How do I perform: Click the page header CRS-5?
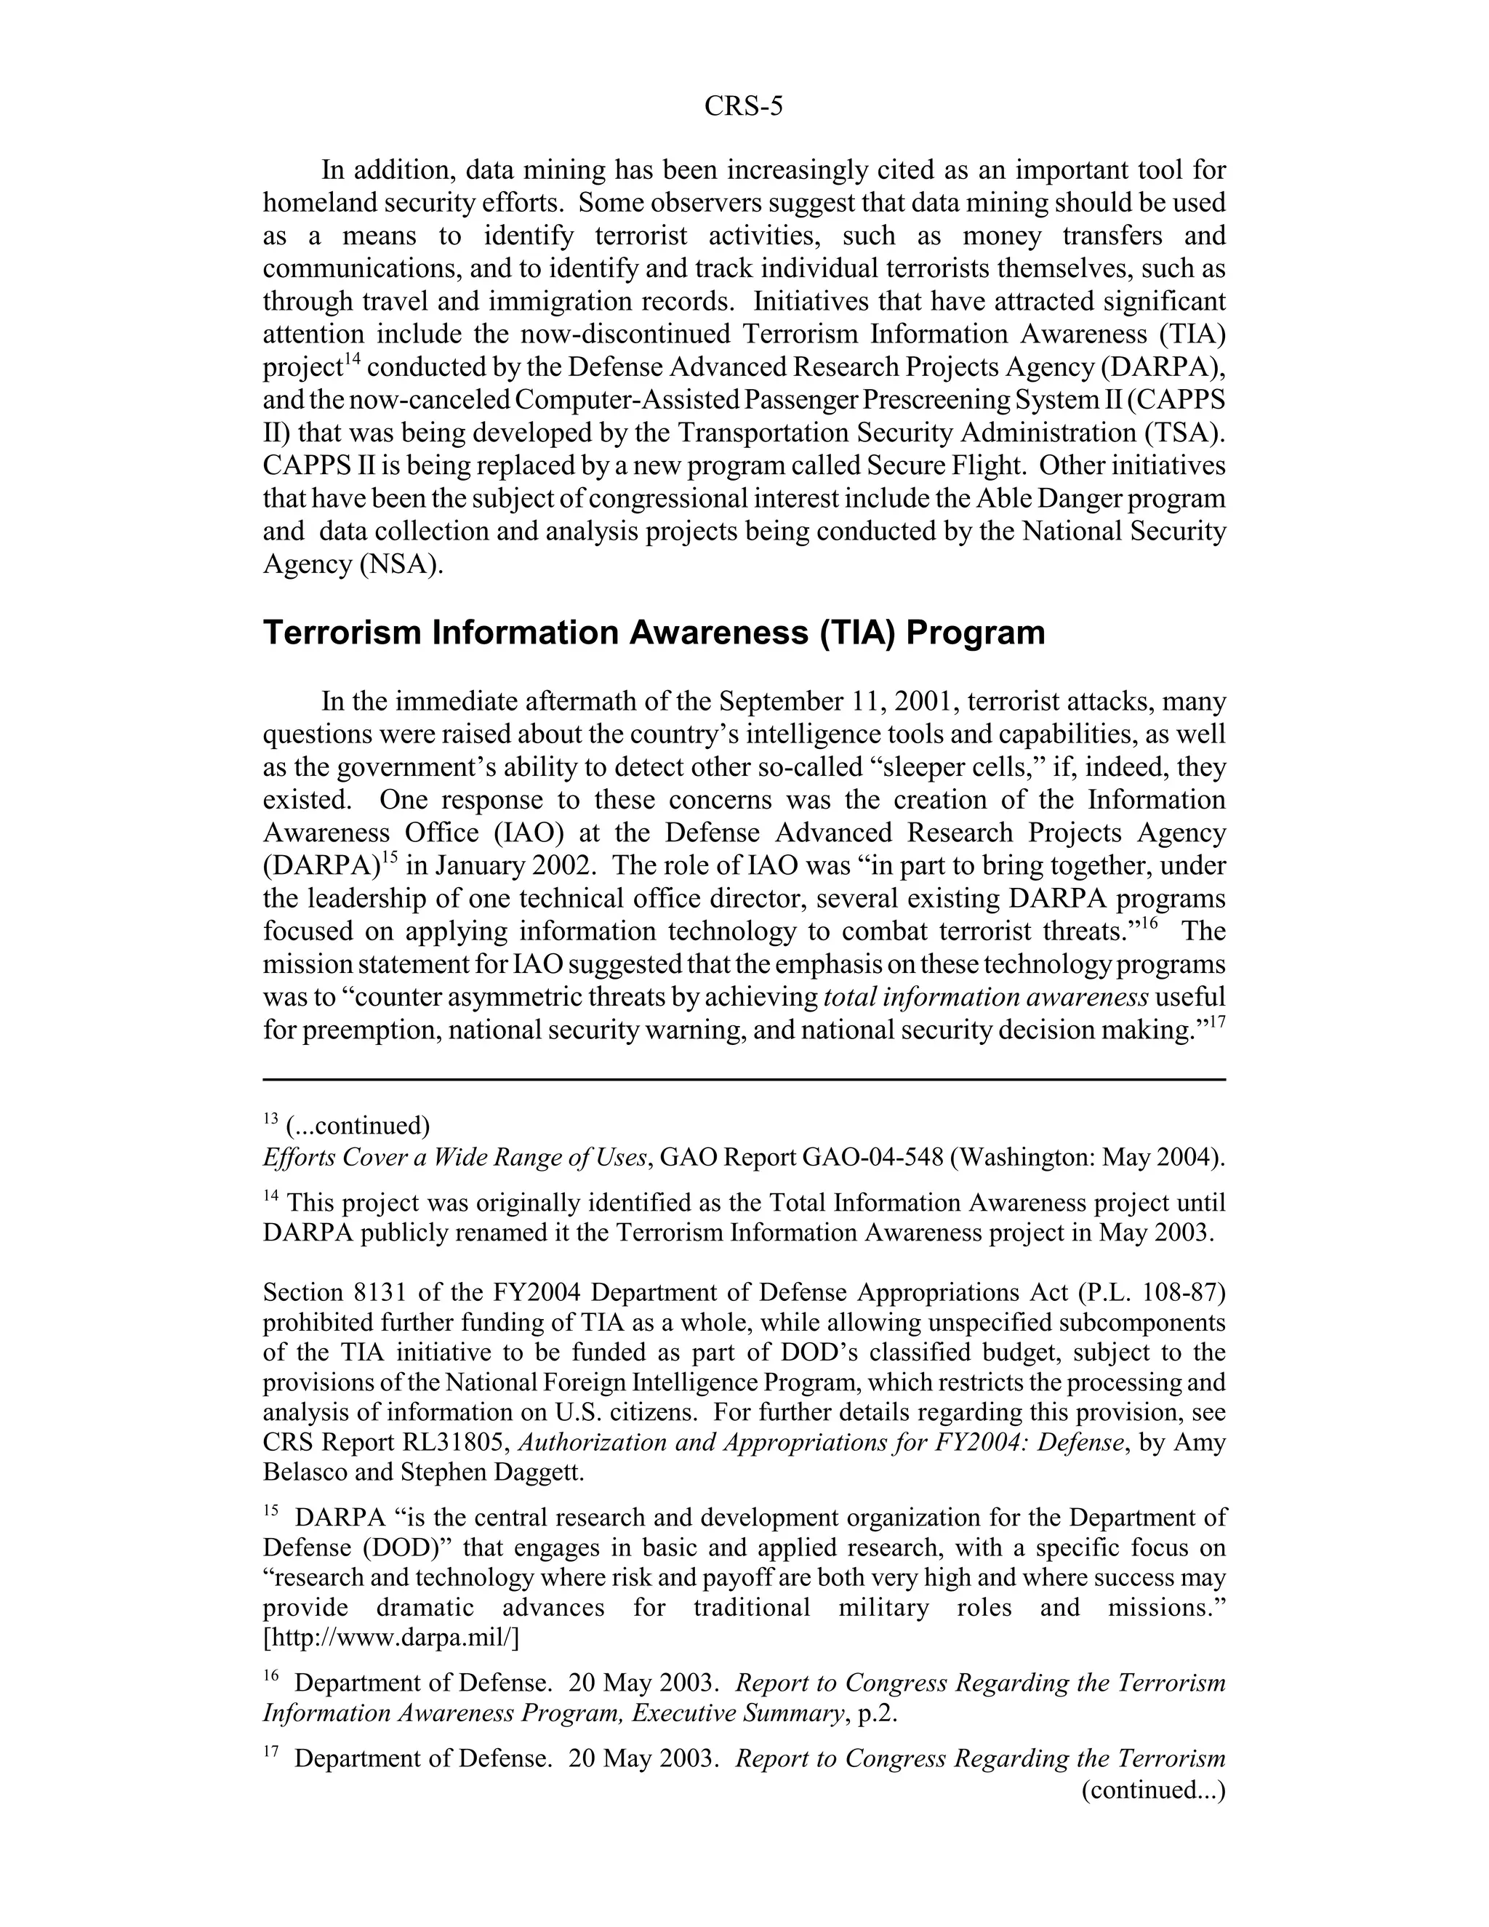[x=743, y=107]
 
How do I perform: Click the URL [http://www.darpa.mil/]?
[x=390, y=1638]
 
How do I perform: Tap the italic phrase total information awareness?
[x=985, y=997]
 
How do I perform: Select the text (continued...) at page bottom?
[x=1153, y=1790]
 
